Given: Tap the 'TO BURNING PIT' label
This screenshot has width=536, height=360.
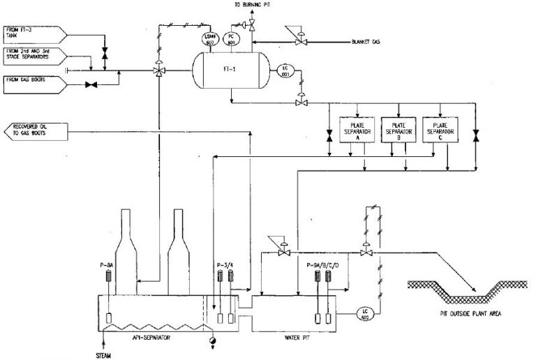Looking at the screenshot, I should (252, 4).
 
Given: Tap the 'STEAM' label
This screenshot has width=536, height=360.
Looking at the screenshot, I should (103, 355).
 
